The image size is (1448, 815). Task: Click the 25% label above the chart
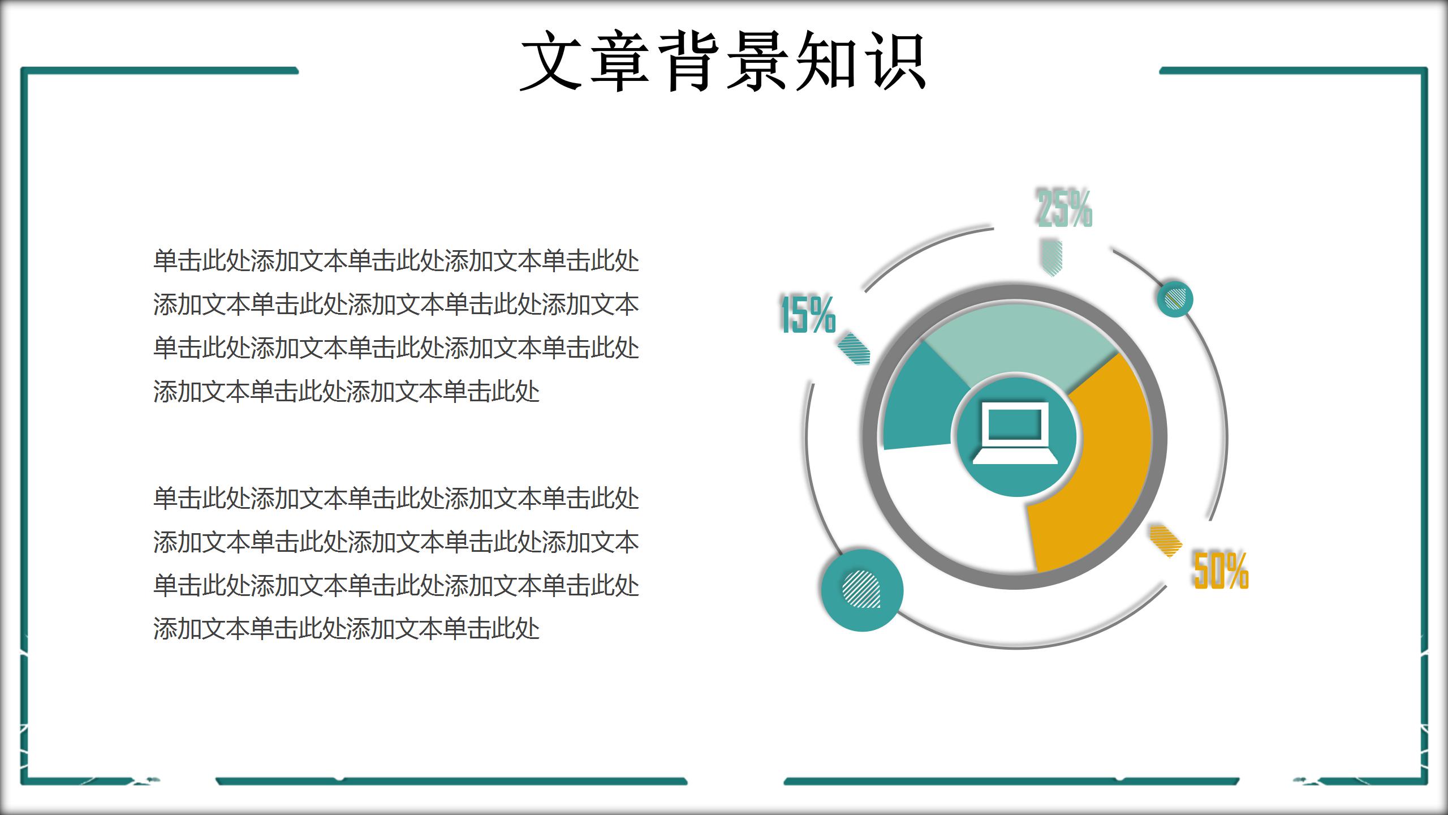click(x=1064, y=208)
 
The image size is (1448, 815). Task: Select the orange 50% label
click(x=1221, y=570)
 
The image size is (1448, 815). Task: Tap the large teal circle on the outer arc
click(x=862, y=590)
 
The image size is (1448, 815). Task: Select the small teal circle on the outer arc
click(x=1175, y=299)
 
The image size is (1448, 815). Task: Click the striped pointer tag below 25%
click(x=1051, y=258)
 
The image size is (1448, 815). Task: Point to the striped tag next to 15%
click(x=854, y=349)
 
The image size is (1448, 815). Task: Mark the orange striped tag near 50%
click(x=1166, y=541)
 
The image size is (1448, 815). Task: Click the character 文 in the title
click(x=551, y=61)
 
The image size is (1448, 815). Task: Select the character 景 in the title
click(x=758, y=61)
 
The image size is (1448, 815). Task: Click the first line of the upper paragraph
click(x=396, y=261)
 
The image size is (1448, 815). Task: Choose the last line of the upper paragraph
click(x=346, y=391)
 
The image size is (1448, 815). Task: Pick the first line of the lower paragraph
click(x=396, y=499)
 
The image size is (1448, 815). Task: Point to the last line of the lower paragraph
click(x=346, y=629)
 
